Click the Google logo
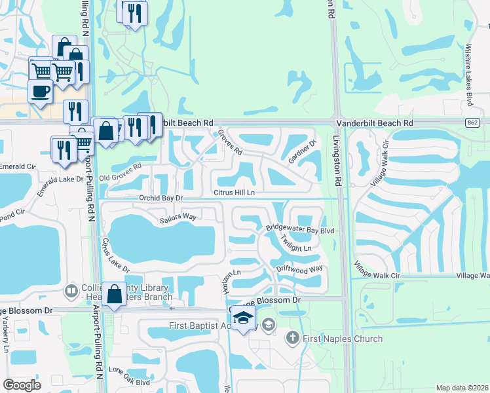22,385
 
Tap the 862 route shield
472,122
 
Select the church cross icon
292,338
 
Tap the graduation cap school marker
243,318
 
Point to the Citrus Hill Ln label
234,192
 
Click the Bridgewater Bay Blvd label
300,229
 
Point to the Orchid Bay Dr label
159,197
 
